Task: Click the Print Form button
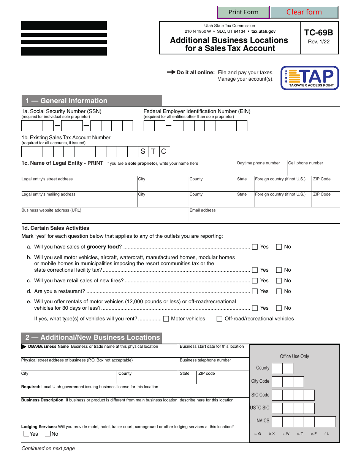point(243,12)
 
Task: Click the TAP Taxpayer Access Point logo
point(310,78)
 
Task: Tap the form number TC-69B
point(319,33)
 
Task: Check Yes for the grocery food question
point(255,247)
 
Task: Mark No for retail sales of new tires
point(279,281)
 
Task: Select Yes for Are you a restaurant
point(255,291)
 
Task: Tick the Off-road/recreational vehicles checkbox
point(220,319)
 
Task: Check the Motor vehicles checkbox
point(166,319)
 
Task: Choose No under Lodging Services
point(48,434)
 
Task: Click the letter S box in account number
point(143,151)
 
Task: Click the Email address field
point(264,217)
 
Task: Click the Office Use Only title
point(294,357)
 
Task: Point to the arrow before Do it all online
point(171,72)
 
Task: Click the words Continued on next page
point(48,449)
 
